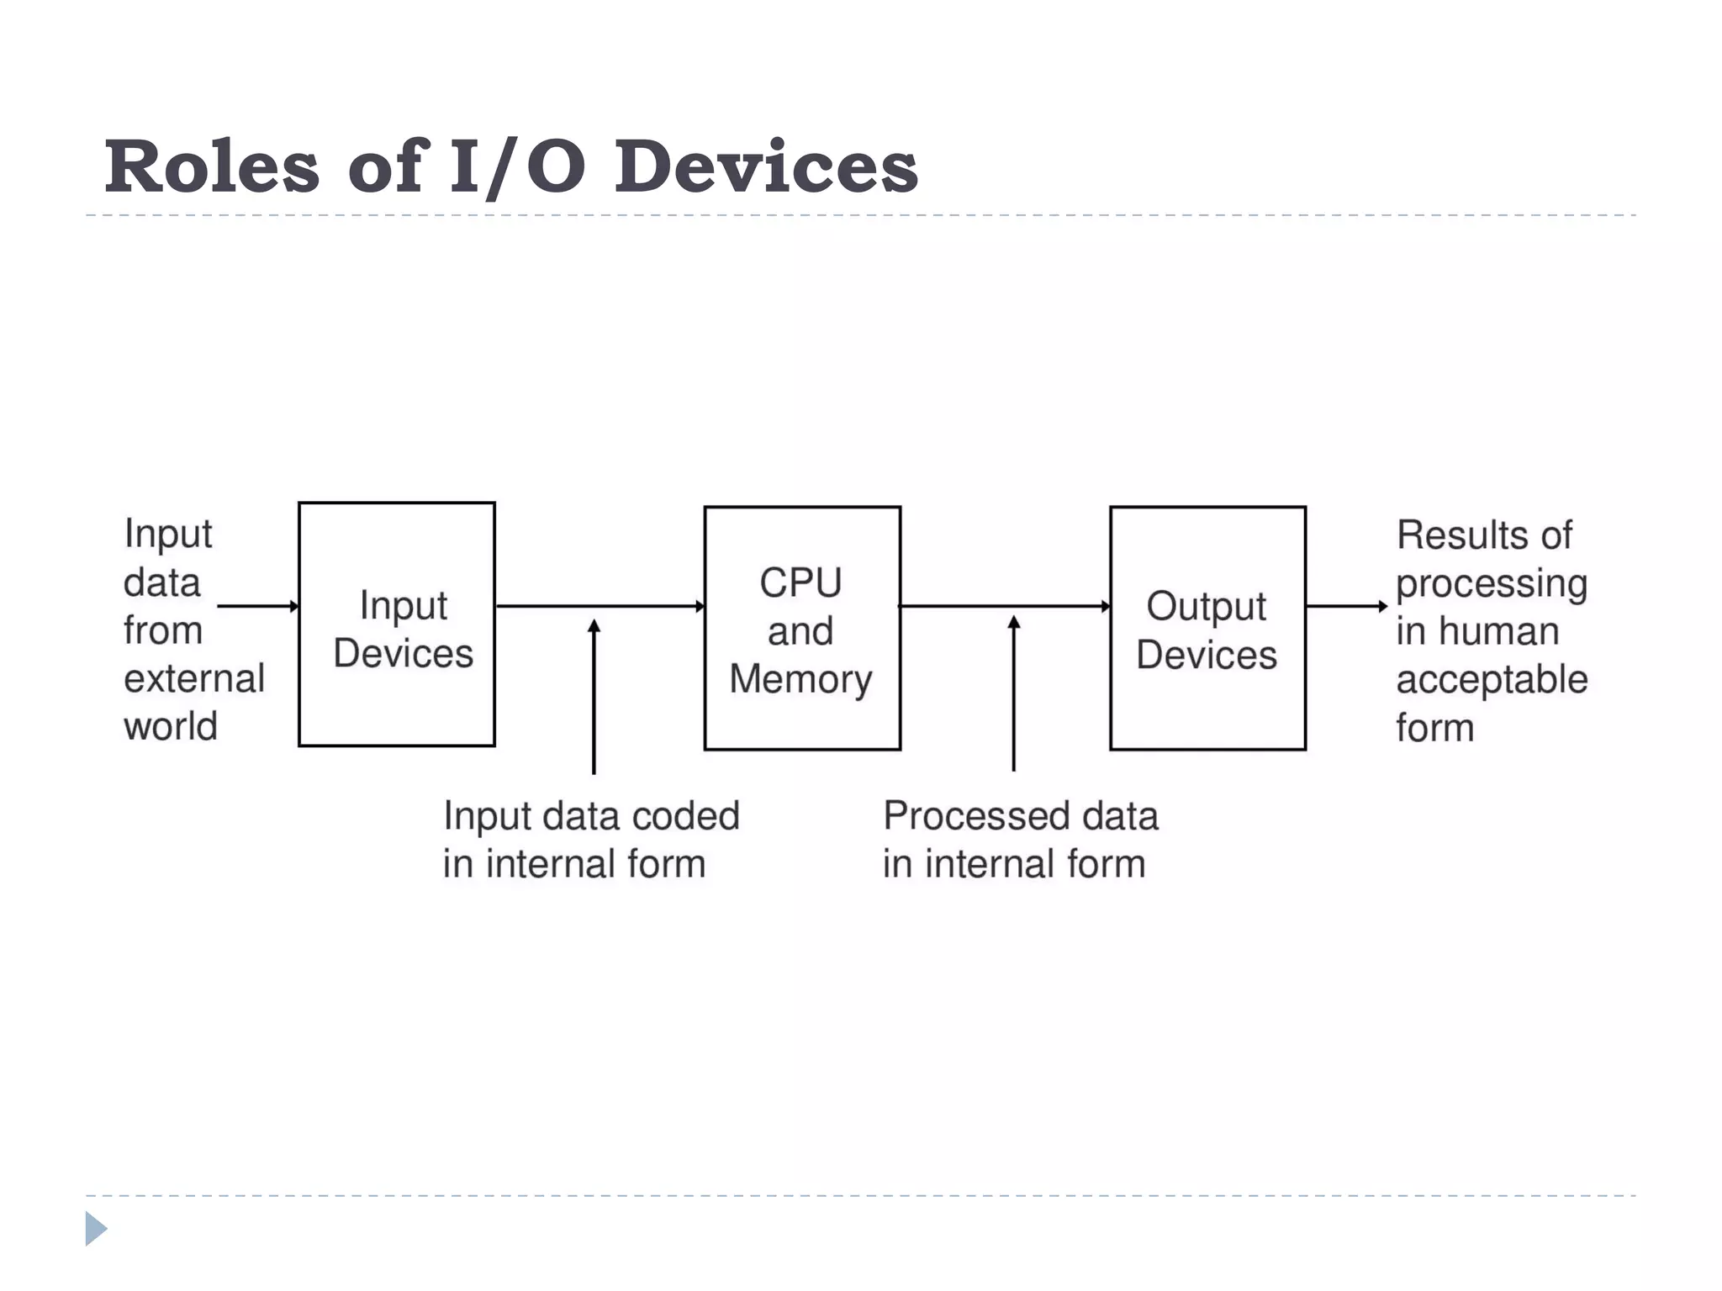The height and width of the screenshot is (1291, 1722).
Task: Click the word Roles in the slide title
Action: (x=212, y=166)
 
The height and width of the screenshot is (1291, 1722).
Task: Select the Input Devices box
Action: (x=397, y=624)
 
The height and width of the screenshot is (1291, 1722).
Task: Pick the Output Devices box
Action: (x=1207, y=629)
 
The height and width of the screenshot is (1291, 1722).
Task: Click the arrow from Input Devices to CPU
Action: (x=600, y=606)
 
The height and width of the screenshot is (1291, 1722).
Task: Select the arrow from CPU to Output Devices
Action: (x=1005, y=606)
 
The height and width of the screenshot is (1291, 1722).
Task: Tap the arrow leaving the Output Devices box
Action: (x=1346, y=606)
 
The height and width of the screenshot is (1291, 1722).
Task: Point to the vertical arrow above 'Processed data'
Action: (x=1014, y=693)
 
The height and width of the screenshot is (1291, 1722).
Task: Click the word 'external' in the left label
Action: (x=194, y=678)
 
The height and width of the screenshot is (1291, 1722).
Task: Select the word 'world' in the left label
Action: (x=171, y=726)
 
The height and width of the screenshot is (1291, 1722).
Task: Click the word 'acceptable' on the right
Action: (x=1492, y=679)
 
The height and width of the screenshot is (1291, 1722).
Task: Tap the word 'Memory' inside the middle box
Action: (x=800, y=679)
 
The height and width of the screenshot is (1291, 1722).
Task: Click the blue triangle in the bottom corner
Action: (x=95, y=1229)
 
